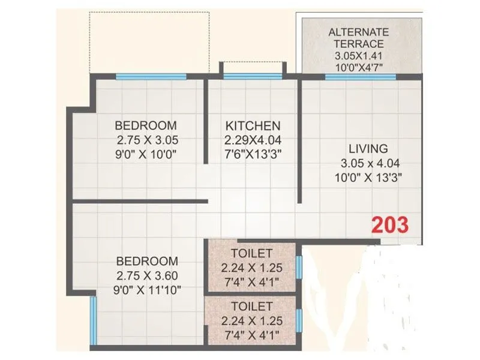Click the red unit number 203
(391, 225)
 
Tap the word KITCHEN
(253, 126)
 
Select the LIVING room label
(368, 148)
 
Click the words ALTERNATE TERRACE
(359, 38)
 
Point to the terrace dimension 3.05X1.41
(359, 55)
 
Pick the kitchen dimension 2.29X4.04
(253, 140)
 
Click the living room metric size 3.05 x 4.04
(368, 163)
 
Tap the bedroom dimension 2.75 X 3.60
(147, 275)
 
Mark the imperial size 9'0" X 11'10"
(147, 289)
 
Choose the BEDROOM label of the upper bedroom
(146, 126)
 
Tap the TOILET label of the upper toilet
(250, 253)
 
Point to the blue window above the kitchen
(251, 76)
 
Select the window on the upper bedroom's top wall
(151, 76)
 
